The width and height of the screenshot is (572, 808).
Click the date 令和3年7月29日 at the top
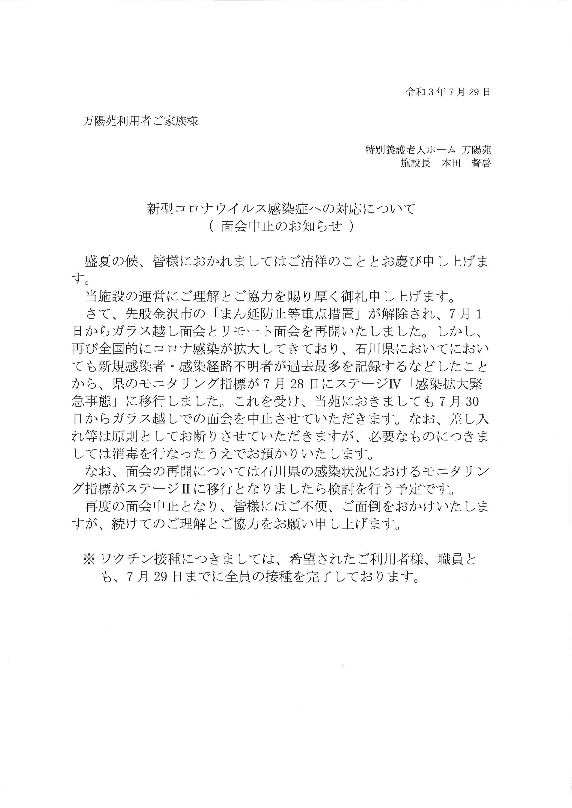448,92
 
